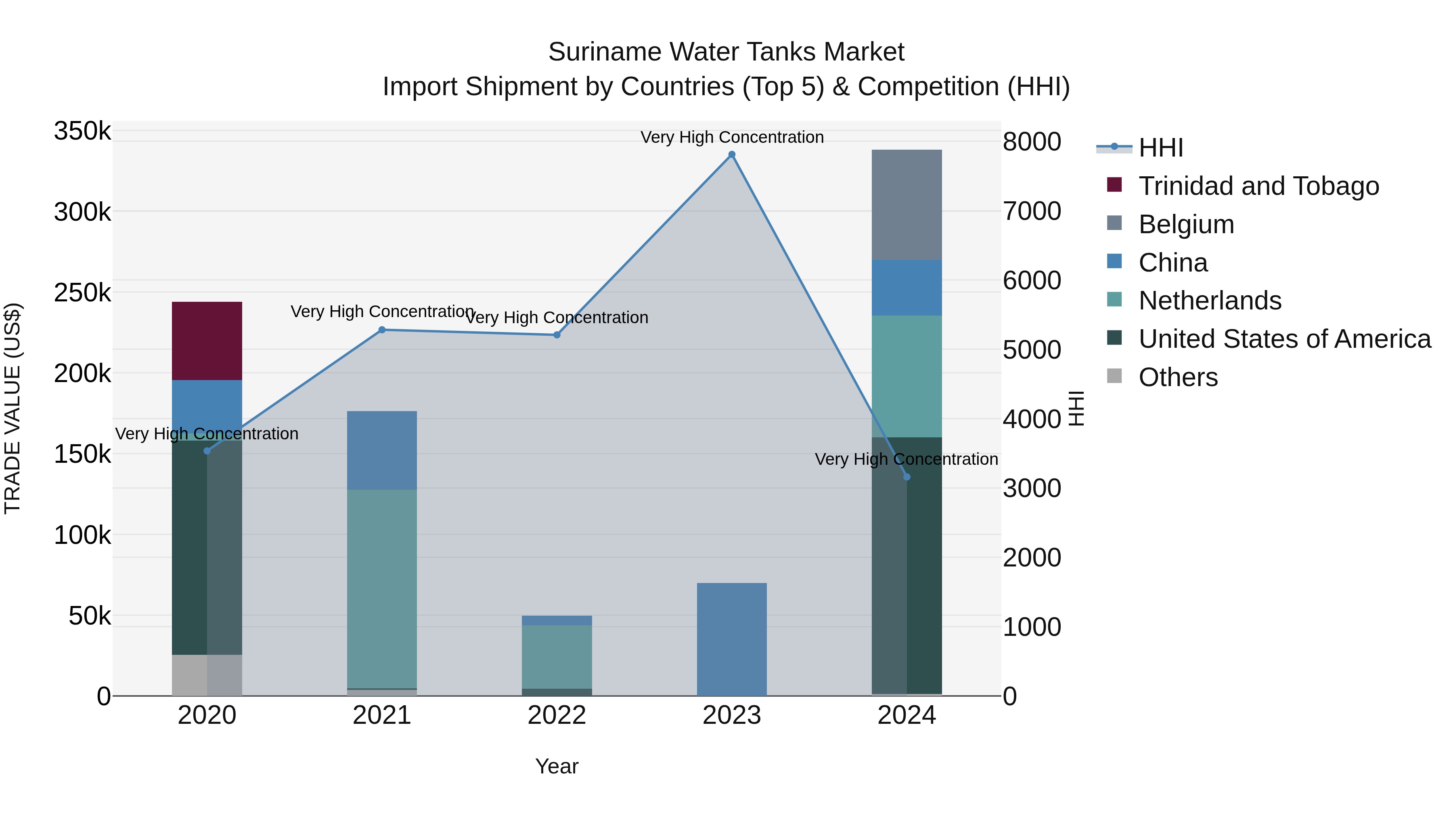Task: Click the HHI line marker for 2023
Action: coord(732,155)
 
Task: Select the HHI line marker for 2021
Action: coord(382,330)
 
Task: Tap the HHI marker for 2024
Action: coord(907,477)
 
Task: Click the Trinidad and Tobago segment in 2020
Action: coord(207,341)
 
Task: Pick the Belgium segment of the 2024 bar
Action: coord(907,205)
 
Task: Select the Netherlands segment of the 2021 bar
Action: coord(382,589)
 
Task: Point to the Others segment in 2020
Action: coord(207,675)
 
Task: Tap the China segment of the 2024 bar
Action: coord(907,288)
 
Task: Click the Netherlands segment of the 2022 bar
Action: coord(557,657)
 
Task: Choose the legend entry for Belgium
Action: coord(1186,224)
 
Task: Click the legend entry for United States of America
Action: coord(1284,339)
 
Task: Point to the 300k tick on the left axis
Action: coord(82,213)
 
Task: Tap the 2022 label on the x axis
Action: coord(557,715)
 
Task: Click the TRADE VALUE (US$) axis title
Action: coord(13,408)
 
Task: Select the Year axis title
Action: coord(557,766)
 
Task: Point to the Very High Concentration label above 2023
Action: coord(732,137)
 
